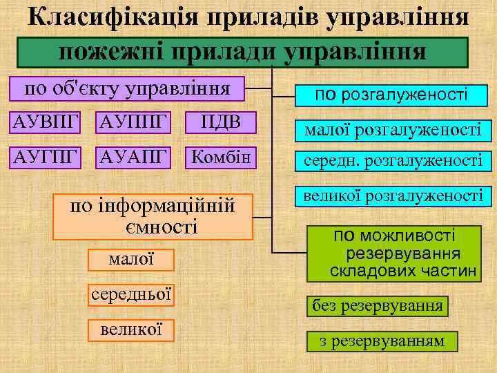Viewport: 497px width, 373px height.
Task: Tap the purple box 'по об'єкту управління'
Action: (x=127, y=89)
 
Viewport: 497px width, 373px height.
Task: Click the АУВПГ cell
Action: (x=43, y=124)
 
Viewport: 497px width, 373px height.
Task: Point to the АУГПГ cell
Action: (x=43, y=157)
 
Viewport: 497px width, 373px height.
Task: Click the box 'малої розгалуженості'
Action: (x=389, y=128)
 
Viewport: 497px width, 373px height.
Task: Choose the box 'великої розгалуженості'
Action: (x=389, y=196)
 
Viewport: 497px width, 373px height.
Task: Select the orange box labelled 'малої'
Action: (x=131, y=260)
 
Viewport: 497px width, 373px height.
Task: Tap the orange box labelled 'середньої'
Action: (x=131, y=294)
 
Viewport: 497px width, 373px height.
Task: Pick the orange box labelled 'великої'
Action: (x=131, y=329)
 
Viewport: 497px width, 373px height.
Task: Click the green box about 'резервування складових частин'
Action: (x=403, y=253)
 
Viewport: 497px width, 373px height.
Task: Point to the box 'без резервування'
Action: (x=377, y=305)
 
